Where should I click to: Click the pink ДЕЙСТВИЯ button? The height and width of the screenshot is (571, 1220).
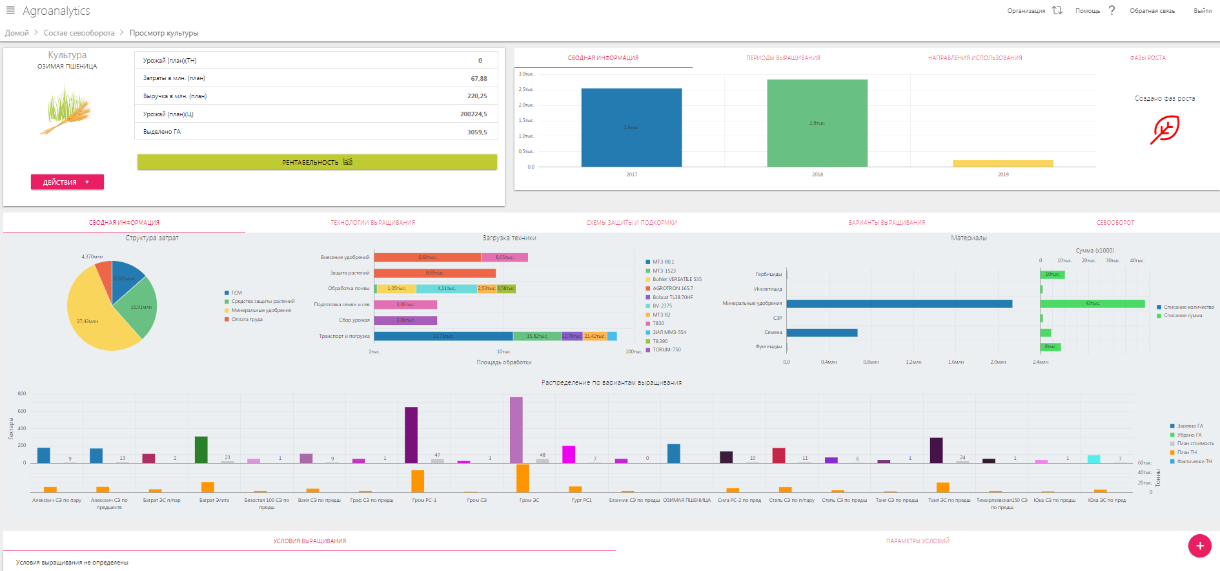tap(67, 182)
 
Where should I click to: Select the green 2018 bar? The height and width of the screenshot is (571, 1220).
tap(817, 123)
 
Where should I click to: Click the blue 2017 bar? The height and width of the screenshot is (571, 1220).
tap(631, 127)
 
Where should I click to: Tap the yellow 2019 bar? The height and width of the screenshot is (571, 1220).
tap(1002, 163)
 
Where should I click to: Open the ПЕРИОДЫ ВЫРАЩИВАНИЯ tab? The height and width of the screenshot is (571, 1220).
tap(783, 58)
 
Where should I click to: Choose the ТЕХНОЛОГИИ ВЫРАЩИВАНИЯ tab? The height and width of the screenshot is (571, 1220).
tap(372, 223)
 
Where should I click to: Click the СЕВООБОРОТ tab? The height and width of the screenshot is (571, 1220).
tap(1115, 223)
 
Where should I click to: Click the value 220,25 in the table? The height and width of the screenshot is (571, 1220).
tap(477, 96)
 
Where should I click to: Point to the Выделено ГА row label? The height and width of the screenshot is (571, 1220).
tap(162, 132)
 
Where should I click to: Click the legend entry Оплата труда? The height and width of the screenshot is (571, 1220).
tap(247, 320)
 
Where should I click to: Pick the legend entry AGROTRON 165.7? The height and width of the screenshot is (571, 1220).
tap(672, 289)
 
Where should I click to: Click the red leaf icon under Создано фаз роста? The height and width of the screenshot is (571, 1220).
tap(1164, 130)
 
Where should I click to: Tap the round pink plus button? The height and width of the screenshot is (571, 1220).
tap(1199, 546)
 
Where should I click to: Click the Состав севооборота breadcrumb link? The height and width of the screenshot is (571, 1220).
tap(79, 33)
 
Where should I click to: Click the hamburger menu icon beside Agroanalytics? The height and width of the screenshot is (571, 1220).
tap(10, 10)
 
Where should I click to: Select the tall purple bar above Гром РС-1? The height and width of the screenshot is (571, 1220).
tap(411, 435)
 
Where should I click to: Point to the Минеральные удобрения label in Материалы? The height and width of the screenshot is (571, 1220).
tap(752, 304)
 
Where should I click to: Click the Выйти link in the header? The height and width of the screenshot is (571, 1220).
tap(1202, 11)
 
